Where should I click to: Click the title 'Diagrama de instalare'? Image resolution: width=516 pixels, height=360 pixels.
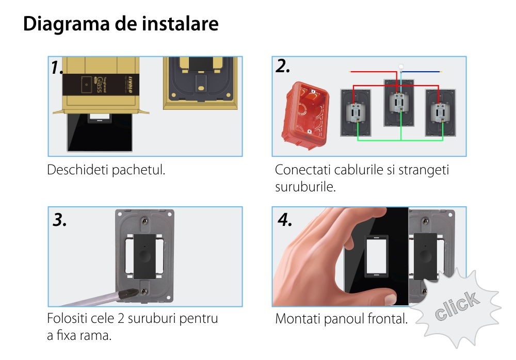(x=121, y=24)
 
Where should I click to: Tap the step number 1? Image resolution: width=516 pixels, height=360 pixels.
(x=57, y=68)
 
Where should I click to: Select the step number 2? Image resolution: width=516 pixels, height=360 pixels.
(x=283, y=66)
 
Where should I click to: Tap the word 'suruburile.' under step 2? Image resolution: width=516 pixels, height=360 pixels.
(x=305, y=187)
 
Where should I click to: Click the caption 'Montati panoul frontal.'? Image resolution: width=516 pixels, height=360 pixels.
(x=341, y=319)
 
